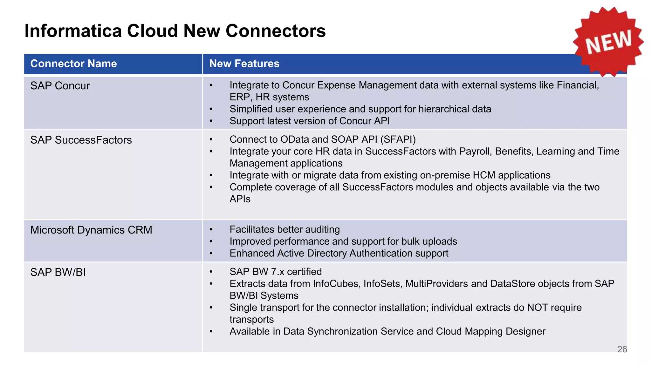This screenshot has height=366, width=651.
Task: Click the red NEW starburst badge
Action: click(608, 41)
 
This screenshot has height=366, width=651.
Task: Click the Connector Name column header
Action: click(73, 64)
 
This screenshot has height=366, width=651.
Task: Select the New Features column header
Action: click(244, 64)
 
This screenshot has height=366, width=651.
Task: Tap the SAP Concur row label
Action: click(60, 86)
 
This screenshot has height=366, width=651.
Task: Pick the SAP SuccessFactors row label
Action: click(81, 140)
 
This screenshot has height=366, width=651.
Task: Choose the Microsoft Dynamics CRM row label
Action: click(91, 230)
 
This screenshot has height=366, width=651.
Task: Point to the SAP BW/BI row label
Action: click(58, 272)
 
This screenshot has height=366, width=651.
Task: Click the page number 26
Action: click(622, 349)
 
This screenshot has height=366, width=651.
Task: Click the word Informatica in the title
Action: click(73, 31)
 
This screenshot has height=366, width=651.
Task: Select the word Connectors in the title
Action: click(276, 31)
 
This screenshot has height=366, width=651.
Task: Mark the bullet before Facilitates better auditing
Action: click(211, 229)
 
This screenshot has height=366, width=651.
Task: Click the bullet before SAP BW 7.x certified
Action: click(211, 272)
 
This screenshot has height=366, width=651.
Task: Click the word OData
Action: click(295, 139)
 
